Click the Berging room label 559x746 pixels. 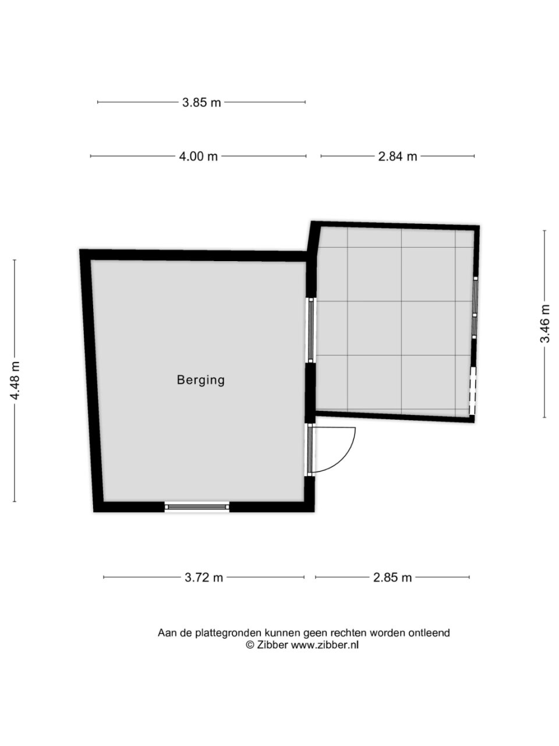(200, 380)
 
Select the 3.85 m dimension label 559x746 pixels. (201, 103)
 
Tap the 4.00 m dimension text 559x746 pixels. (198, 156)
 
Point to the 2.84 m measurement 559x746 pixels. (398, 156)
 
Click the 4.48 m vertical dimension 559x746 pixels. (15, 381)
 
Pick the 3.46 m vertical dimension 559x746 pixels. (545, 324)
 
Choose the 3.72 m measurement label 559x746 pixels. (204, 578)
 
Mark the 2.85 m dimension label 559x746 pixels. (392, 578)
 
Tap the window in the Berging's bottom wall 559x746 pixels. (197, 506)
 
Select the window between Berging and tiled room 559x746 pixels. (310, 330)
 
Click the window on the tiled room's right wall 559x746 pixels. (475, 307)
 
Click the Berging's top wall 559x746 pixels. (193, 255)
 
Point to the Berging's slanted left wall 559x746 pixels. (91, 381)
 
